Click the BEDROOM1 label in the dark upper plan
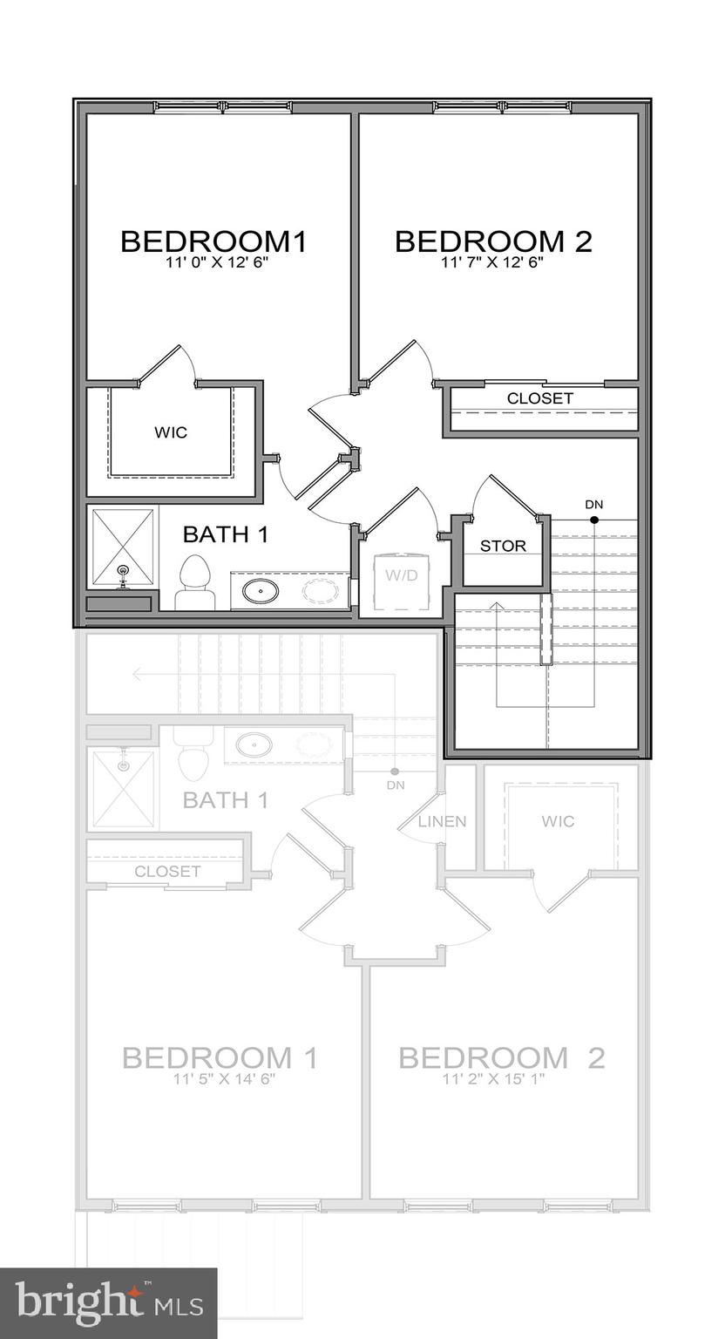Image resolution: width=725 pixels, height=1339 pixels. point(213,241)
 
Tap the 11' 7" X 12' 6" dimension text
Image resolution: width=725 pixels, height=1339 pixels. point(493,262)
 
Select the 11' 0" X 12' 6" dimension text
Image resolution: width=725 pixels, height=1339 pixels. point(213,262)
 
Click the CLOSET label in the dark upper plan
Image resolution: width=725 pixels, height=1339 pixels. point(540,398)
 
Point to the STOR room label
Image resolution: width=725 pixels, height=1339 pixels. point(503,547)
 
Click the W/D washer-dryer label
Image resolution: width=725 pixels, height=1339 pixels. point(403,574)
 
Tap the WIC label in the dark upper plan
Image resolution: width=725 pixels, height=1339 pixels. point(171,432)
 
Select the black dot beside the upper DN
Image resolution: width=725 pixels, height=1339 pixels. point(594,520)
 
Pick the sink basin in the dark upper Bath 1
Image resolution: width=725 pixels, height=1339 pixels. point(260,591)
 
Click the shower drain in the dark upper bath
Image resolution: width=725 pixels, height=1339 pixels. point(123,570)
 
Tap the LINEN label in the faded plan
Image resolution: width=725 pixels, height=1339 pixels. point(442,821)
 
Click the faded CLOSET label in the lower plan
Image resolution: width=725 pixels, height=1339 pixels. point(167,872)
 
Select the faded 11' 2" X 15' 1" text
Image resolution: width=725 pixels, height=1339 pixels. point(501,1079)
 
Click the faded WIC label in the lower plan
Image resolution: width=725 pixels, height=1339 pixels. point(558,821)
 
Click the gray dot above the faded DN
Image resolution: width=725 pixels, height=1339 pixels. point(396,771)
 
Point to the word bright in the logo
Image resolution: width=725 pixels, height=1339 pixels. point(78,1303)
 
